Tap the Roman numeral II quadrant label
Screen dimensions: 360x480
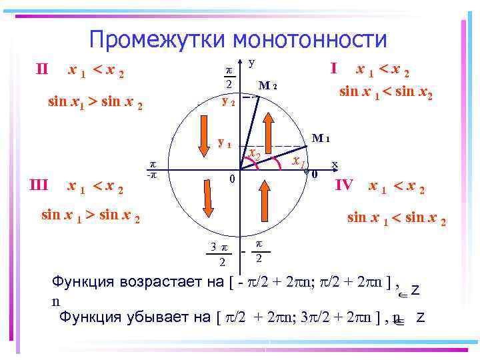(41, 69)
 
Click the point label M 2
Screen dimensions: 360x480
(267, 85)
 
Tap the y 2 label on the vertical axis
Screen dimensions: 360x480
(228, 104)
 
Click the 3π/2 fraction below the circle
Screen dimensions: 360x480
(216, 254)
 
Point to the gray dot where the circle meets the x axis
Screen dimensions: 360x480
(306, 172)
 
